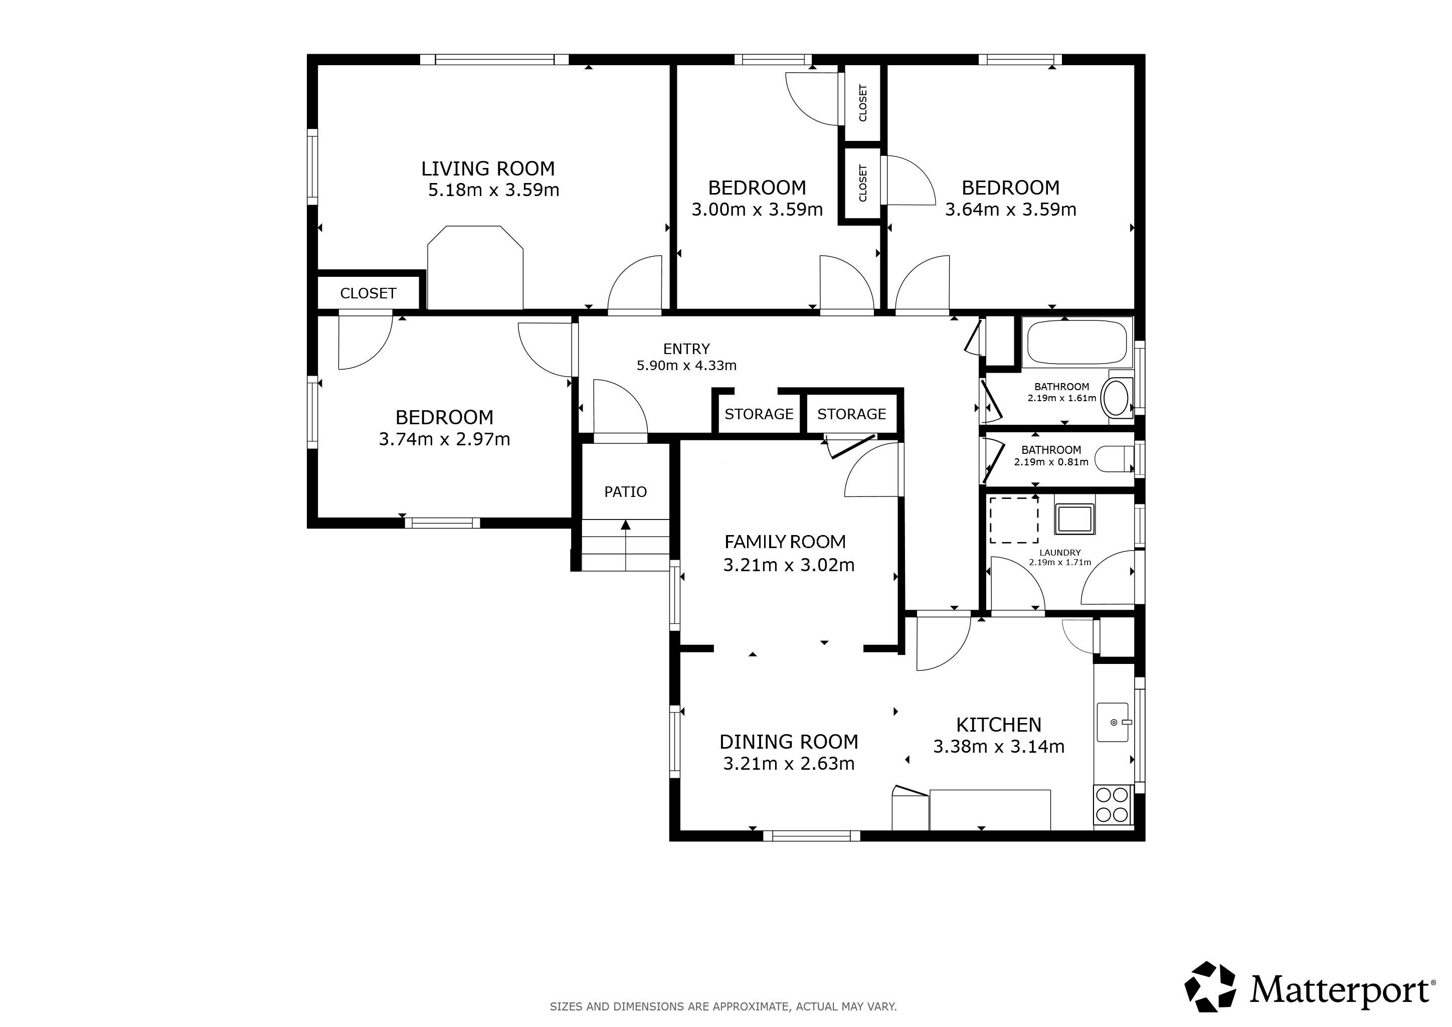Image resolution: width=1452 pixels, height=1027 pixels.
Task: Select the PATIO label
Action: pyautogui.click(x=625, y=492)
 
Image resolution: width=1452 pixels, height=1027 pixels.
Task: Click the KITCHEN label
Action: pyautogui.click(x=999, y=725)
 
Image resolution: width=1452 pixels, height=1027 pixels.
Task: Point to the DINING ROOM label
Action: pyautogui.click(x=789, y=742)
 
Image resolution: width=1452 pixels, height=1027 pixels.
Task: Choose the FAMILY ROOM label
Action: pyautogui.click(x=785, y=542)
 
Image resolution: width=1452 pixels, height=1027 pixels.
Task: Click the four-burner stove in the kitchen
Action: pyautogui.click(x=1113, y=804)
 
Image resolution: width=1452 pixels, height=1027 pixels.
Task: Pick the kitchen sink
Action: pyautogui.click(x=1113, y=722)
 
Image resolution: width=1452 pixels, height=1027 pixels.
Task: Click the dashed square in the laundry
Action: pyautogui.click(x=1014, y=520)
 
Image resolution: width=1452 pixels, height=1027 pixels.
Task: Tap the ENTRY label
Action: pyautogui.click(x=686, y=349)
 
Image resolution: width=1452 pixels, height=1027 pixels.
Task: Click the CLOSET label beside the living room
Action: pyautogui.click(x=368, y=293)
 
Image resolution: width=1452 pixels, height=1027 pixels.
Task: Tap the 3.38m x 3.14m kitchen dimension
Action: pyautogui.click(x=999, y=747)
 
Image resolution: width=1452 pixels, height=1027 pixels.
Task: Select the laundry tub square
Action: pyautogui.click(x=1074, y=519)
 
